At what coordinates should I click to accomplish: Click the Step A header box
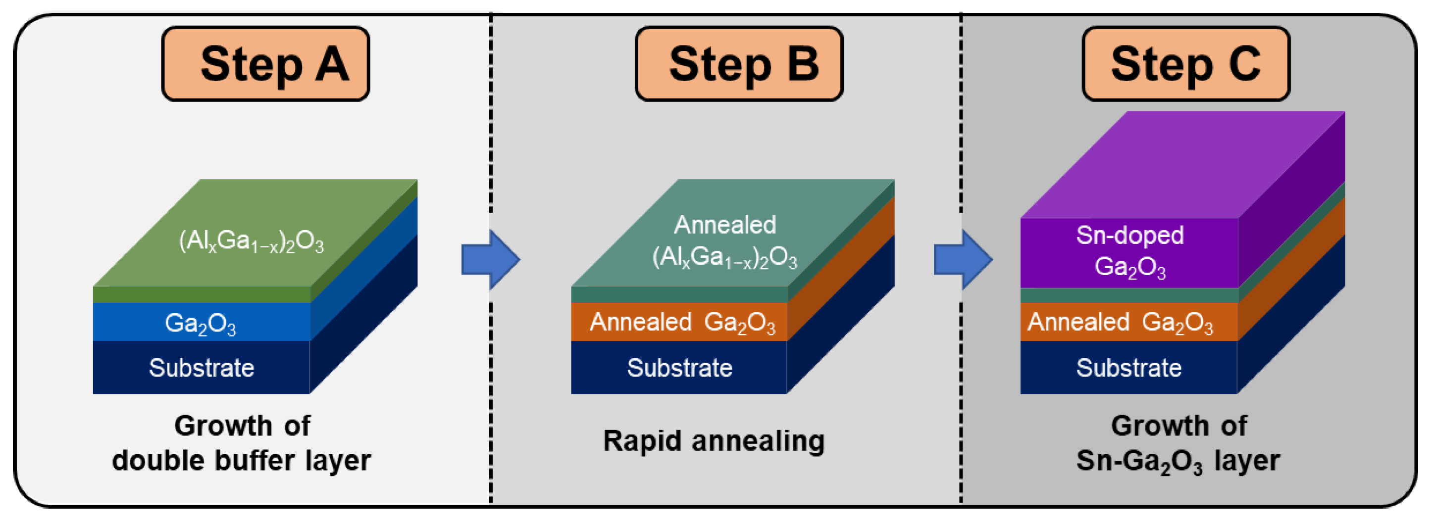pyautogui.click(x=265, y=63)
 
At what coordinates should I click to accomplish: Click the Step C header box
pyautogui.click(x=1185, y=63)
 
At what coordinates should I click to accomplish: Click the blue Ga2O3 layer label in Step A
pyautogui.click(x=200, y=323)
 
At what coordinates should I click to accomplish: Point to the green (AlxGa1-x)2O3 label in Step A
pyautogui.click(x=251, y=241)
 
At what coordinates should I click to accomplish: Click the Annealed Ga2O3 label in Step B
pyautogui.click(x=682, y=322)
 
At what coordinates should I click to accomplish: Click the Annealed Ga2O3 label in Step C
pyautogui.click(x=1120, y=322)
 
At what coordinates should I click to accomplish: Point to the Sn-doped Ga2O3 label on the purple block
pyautogui.click(x=1130, y=251)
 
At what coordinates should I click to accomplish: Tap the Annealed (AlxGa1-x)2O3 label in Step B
pyautogui.click(x=724, y=242)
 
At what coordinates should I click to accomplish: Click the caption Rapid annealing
pyautogui.click(x=714, y=441)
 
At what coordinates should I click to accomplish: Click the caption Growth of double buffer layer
pyautogui.click(x=242, y=443)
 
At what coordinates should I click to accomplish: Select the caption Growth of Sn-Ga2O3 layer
pyautogui.click(x=1178, y=443)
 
